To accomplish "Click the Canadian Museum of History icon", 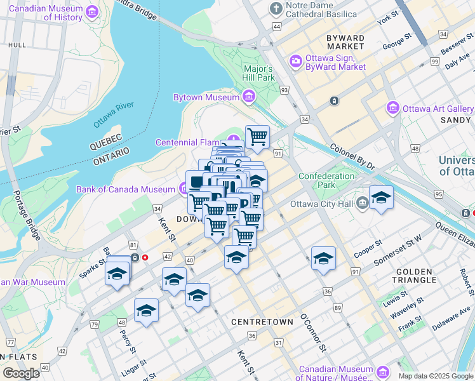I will [x=93, y=12].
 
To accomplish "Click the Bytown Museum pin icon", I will [x=248, y=97].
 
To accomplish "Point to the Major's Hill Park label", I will [x=259, y=73].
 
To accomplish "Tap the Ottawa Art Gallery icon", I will [x=392, y=109].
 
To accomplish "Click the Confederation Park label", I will [x=326, y=180].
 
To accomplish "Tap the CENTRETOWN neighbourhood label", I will [x=262, y=322].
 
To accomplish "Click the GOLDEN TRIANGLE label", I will [x=416, y=276].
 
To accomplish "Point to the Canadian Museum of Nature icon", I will [x=383, y=372].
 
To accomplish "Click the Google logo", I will [x=21, y=373].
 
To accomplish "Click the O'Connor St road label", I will [x=313, y=331].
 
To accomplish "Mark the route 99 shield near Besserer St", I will [x=434, y=62].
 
